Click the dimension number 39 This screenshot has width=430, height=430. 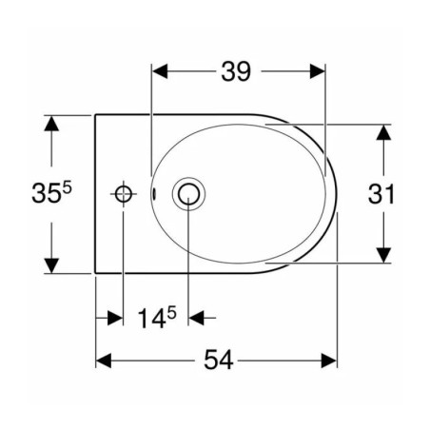coord(236,71)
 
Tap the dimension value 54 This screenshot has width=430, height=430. coord(219,360)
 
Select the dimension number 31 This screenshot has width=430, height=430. coord(381,194)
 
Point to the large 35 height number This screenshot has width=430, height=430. coord(46,193)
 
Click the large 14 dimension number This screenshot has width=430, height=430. coord(152,319)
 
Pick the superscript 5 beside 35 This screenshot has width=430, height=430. coord(68,189)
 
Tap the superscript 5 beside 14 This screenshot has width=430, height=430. coord(171,313)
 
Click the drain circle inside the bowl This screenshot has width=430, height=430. coord(188,194)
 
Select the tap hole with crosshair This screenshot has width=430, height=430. coord(124,194)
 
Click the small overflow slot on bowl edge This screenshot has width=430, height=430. coord(154,193)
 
